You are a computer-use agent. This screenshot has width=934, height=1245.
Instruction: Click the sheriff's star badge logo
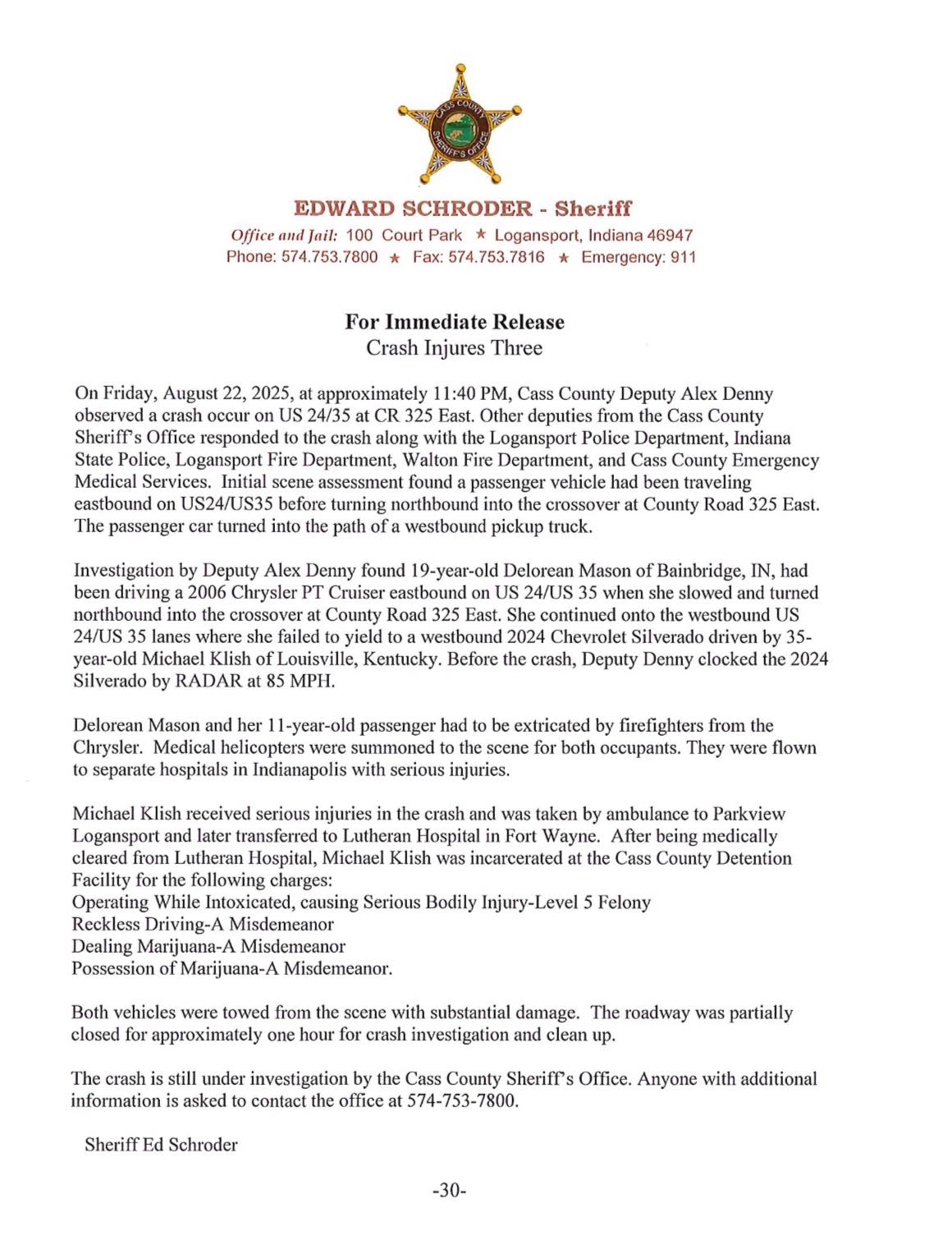coord(460,126)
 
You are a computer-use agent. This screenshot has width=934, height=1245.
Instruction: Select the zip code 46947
coord(671,236)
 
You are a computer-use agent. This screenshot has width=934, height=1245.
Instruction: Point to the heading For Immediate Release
coord(454,322)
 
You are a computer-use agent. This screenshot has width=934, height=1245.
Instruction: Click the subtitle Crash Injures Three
coord(454,348)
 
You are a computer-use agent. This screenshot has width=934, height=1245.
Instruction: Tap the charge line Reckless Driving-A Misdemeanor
coord(203,924)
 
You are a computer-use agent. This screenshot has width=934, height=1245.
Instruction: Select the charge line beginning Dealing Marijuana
coord(208,946)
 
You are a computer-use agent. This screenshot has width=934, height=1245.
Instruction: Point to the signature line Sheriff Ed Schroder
coord(161,1145)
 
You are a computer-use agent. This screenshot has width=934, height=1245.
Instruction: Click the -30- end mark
coord(449,1189)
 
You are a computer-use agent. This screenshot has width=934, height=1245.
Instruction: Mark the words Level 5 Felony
coord(597,902)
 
